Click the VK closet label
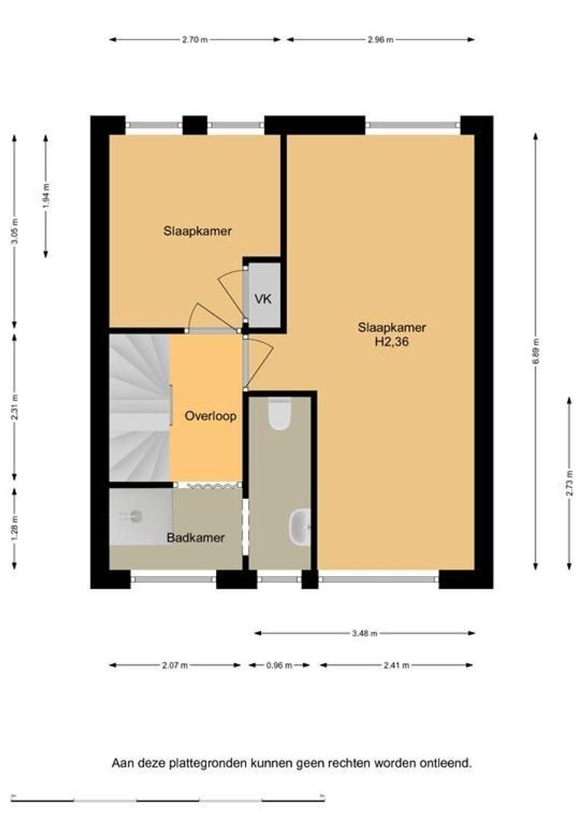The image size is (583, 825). click(x=263, y=299)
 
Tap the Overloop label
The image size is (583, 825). click(x=211, y=416)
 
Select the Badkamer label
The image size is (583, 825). click(x=195, y=538)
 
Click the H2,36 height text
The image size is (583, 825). click(x=391, y=342)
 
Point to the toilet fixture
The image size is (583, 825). click(x=279, y=413)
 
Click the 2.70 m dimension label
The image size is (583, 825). click(x=195, y=40)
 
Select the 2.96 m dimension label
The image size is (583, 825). click(x=381, y=40)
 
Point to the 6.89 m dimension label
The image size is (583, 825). click(x=535, y=351)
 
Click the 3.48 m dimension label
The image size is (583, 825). click(x=365, y=633)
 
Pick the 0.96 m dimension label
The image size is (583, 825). click(x=279, y=665)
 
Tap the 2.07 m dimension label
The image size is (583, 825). click(x=175, y=665)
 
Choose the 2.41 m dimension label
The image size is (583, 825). click(x=396, y=665)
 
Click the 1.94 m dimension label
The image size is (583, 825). click(x=46, y=196)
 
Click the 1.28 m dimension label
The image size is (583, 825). click(x=14, y=526)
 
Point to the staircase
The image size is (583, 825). click(x=140, y=408)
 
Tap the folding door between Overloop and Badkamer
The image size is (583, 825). click(x=208, y=486)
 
